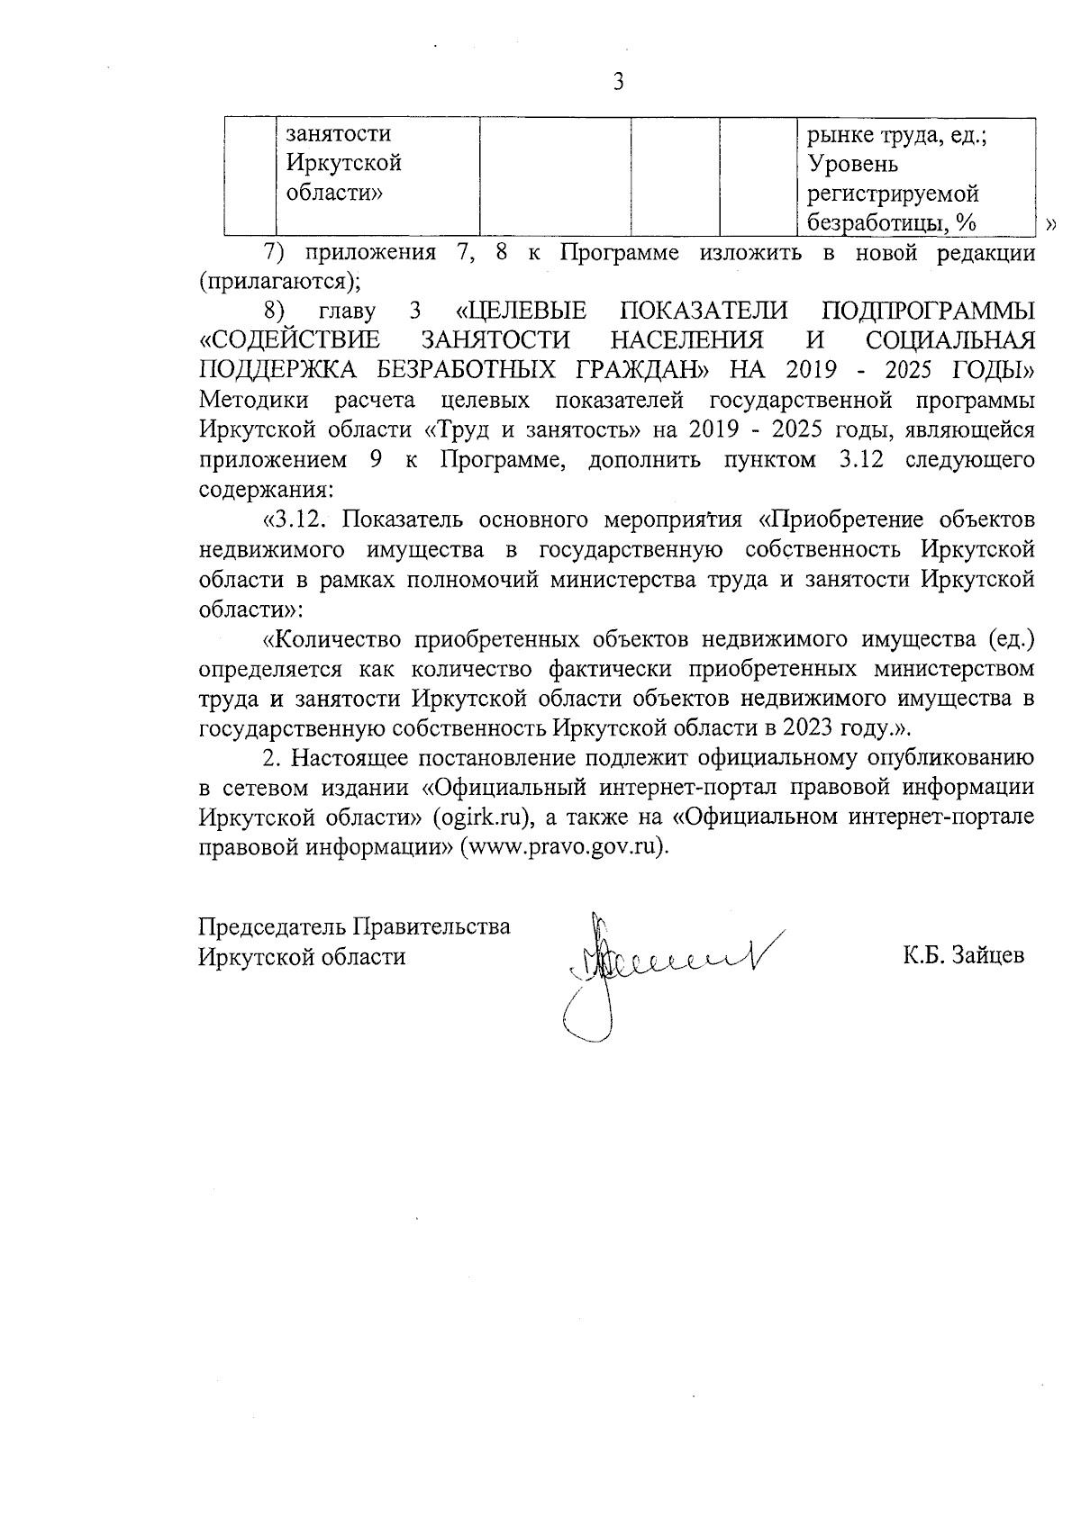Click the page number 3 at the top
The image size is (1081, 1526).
click(618, 83)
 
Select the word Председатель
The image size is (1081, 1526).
click(273, 926)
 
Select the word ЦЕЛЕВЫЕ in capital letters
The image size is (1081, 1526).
click(522, 312)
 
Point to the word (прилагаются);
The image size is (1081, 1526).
click(279, 281)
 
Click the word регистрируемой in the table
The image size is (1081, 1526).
click(893, 194)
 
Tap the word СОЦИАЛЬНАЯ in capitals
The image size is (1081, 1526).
click(949, 341)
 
